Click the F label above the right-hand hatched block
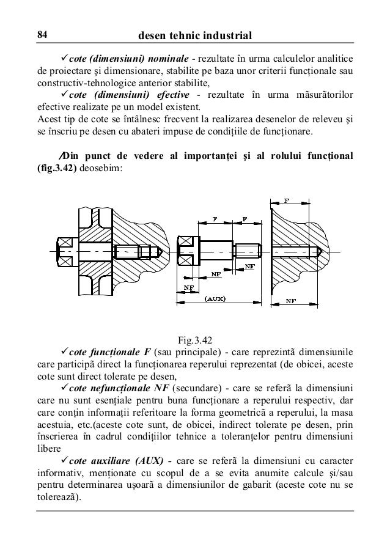pyautogui.click(x=287, y=200)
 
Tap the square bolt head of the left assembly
pyautogui.click(x=64, y=251)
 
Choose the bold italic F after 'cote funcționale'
pyautogui.click(x=147, y=352)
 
